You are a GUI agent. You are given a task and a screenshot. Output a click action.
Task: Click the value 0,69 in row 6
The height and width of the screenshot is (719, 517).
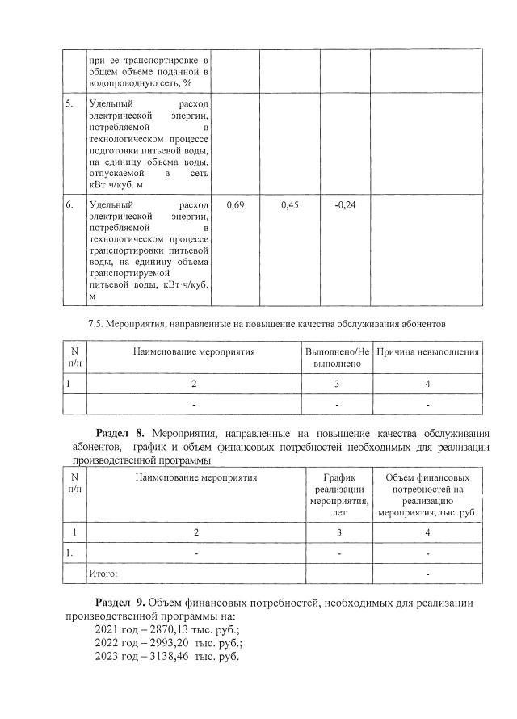click(x=236, y=205)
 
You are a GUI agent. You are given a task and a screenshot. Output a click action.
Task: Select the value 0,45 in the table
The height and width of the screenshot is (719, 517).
click(x=290, y=205)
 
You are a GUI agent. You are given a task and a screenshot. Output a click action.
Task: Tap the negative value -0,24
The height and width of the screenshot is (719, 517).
click(x=345, y=205)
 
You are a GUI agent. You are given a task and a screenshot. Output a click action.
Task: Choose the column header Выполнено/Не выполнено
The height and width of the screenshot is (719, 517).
click(x=337, y=358)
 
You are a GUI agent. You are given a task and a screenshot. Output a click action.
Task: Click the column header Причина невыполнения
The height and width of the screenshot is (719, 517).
click(x=427, y=352)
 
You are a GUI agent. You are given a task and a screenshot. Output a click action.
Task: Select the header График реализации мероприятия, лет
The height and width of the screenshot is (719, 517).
click(x=338, y=494)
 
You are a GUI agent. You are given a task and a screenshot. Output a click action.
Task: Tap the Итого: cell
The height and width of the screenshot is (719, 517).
click(x=103, y=574)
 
